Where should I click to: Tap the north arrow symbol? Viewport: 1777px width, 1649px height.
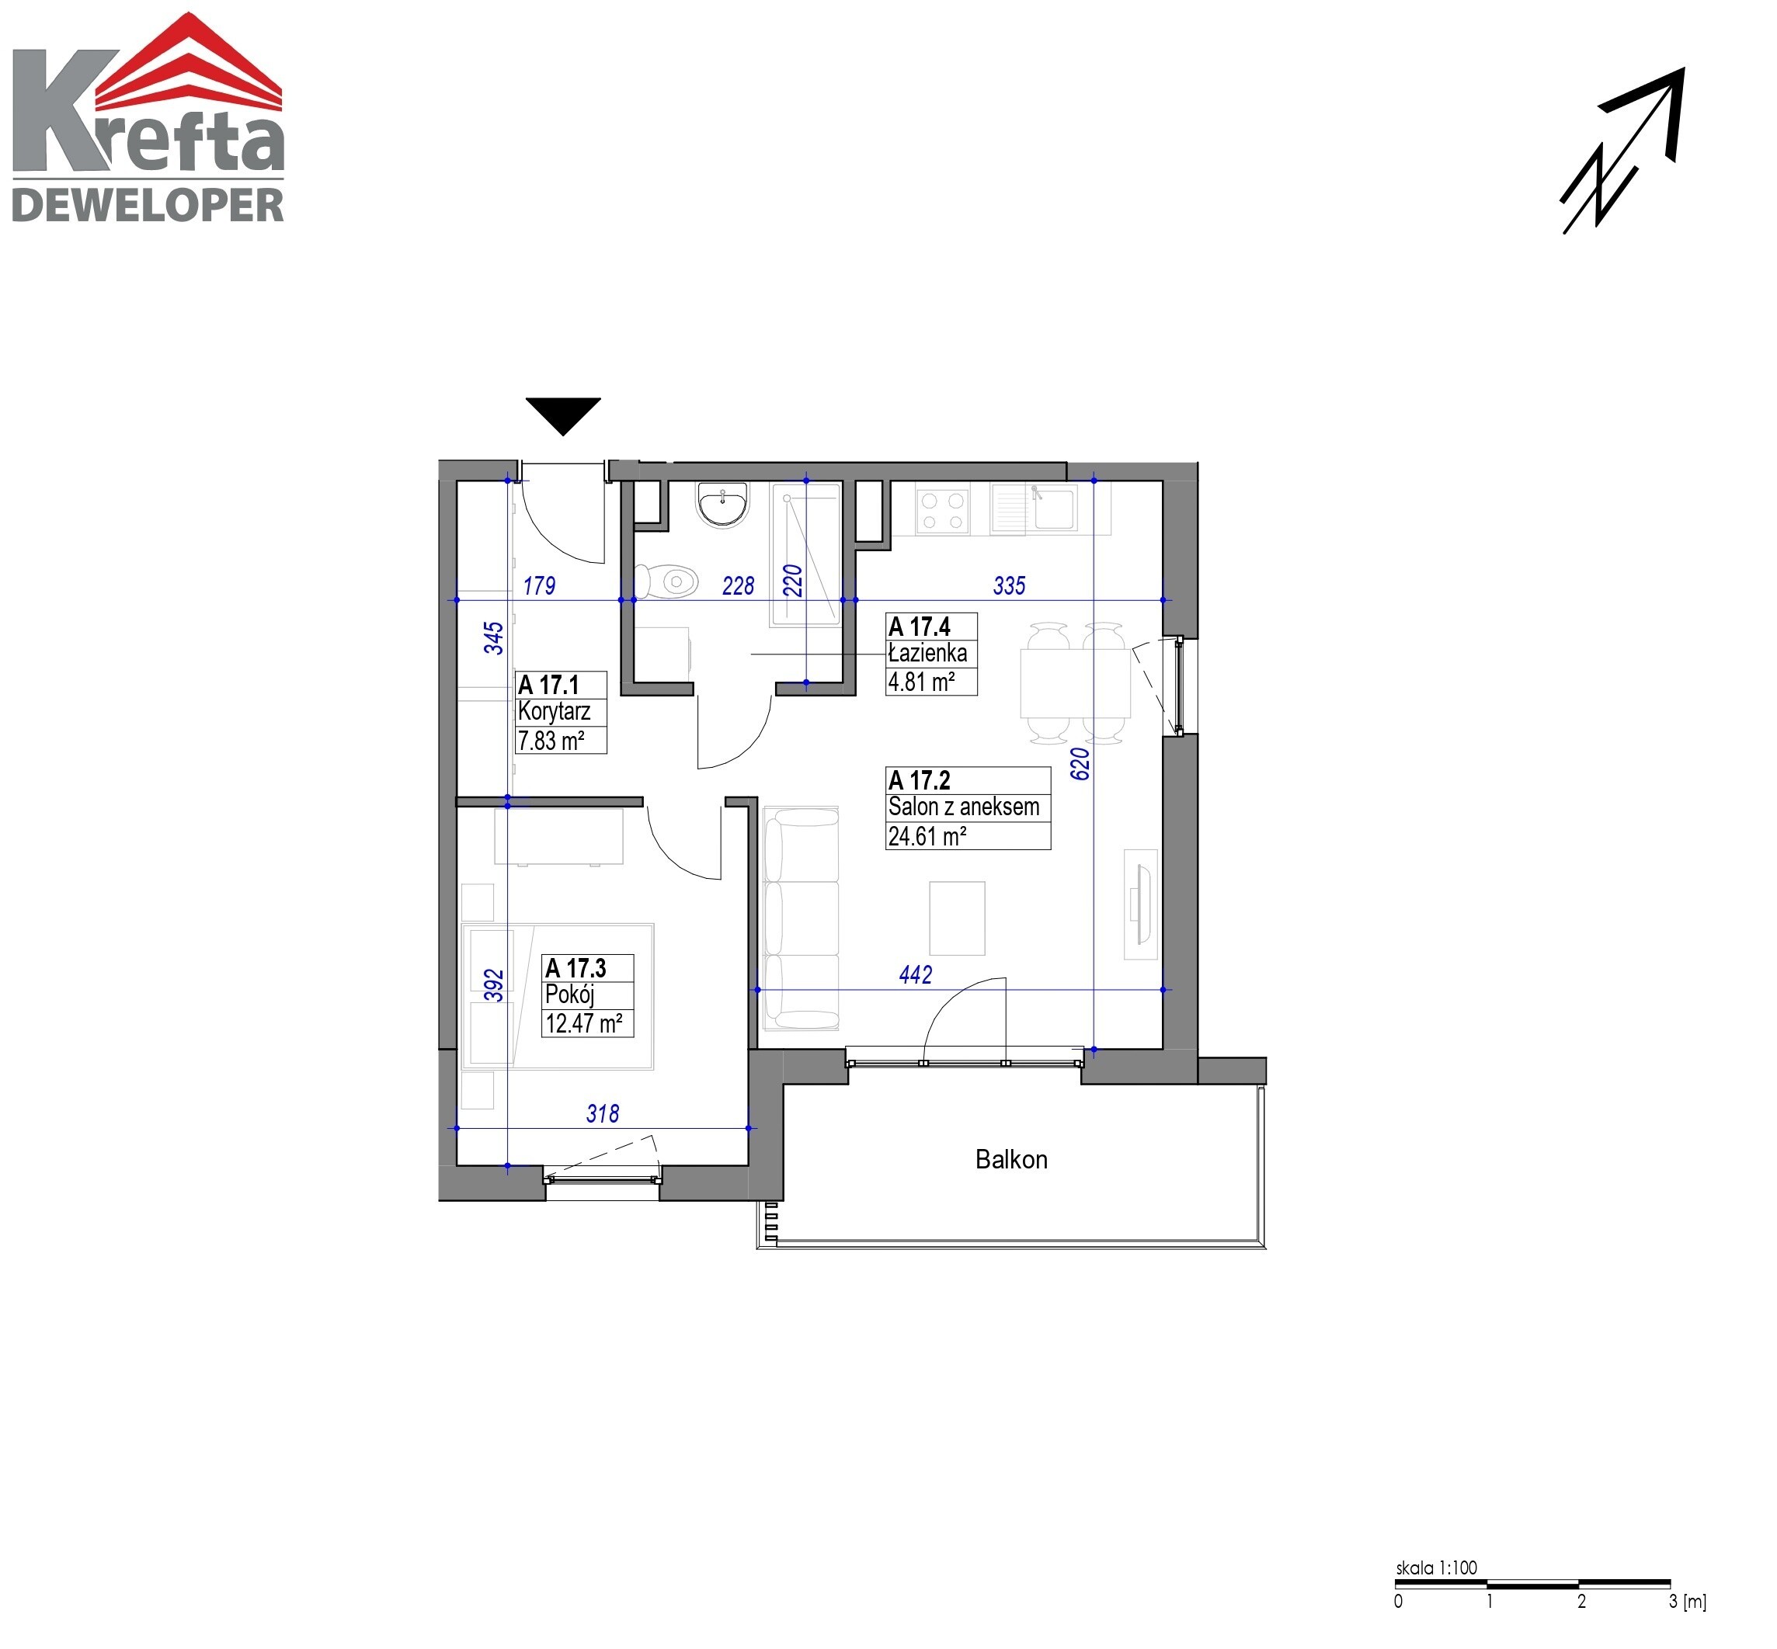click(1622, 151)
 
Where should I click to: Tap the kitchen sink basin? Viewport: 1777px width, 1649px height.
click(1055, 509)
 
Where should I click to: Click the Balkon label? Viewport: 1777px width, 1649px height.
click(1010, 1159)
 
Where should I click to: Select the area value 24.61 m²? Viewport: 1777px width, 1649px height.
click(927, 836)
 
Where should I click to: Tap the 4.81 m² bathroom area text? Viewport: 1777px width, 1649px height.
click(921, 682)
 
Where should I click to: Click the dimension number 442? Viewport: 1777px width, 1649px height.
click(916, 974)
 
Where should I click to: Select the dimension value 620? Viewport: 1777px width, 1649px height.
click(1080, 764)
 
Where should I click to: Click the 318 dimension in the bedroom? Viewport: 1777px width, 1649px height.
click(603, 1113)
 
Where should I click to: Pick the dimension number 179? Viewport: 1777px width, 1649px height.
click(539, 585)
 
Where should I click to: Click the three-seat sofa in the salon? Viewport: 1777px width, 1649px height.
click(801, 918)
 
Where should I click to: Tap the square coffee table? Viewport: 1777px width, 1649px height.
click(957, 918)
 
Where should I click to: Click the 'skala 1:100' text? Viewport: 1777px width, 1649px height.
click(1436, 1567)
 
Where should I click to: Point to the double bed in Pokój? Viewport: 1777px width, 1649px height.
click(558, 997)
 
